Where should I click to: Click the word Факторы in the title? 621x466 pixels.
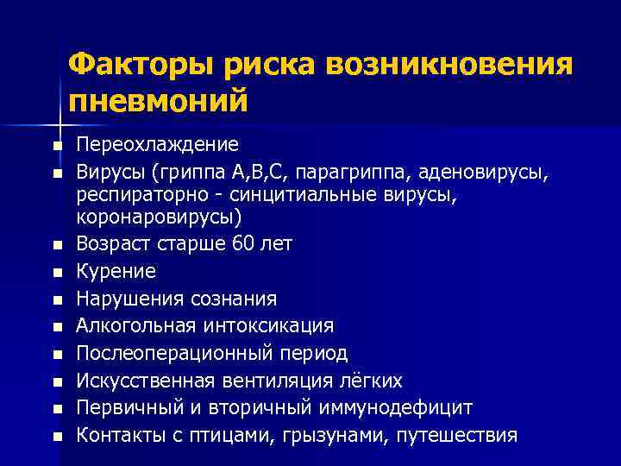tap(141, 64)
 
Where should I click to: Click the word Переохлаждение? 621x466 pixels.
tap(158, 144)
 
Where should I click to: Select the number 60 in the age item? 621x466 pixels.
tap(245, 244)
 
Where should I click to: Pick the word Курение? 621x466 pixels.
tap(116, 271)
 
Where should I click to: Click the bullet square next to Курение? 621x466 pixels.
tap(57, 274)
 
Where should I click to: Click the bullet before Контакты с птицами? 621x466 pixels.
tap(57, 437)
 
